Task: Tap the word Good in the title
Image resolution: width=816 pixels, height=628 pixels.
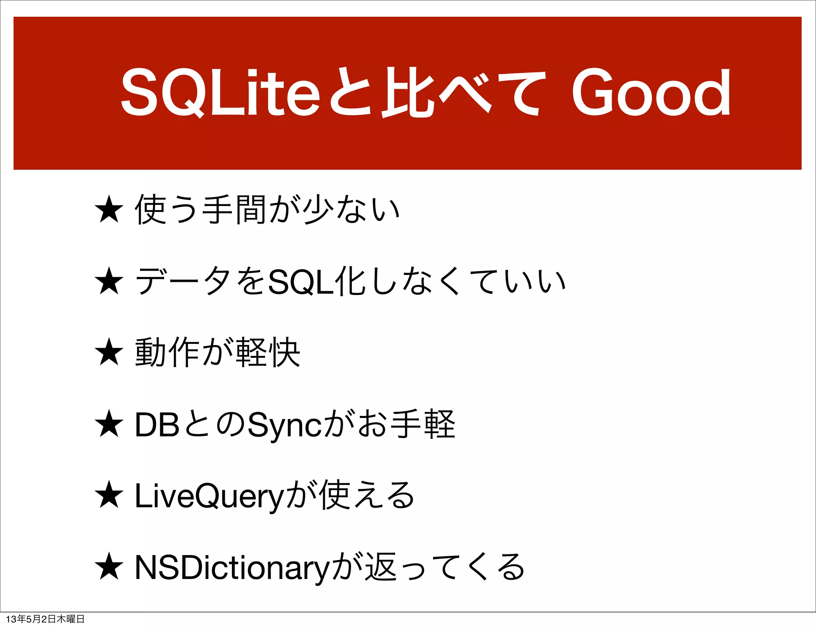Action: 651,92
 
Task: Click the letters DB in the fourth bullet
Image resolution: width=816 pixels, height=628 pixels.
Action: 157,425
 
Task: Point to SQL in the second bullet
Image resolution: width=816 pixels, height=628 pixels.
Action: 301,282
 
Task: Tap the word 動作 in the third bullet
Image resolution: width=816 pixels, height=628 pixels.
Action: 167,352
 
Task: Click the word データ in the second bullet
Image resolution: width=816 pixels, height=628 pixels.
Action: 183,281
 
